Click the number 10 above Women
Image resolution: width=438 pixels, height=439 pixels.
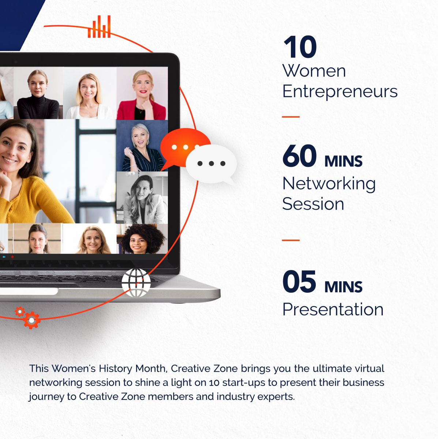pos(300,47)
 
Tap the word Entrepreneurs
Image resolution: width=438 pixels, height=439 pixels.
pos(340,91)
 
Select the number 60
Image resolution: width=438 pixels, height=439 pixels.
pos(299,155)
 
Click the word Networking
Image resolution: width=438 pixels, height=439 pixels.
pos(329,184)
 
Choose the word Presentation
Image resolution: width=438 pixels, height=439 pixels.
pos(333,309)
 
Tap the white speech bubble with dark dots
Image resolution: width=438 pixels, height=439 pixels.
pos(211,164)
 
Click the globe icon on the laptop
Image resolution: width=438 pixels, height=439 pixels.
pos(136,283)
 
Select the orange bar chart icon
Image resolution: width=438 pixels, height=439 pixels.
pos(99,27)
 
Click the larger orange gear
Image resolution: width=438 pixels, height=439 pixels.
pos(32,320)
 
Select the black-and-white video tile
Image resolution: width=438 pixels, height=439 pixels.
pos(142,198)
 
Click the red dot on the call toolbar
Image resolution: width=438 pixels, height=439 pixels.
pos(12,257)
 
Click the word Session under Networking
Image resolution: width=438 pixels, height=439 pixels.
pos(313,204)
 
